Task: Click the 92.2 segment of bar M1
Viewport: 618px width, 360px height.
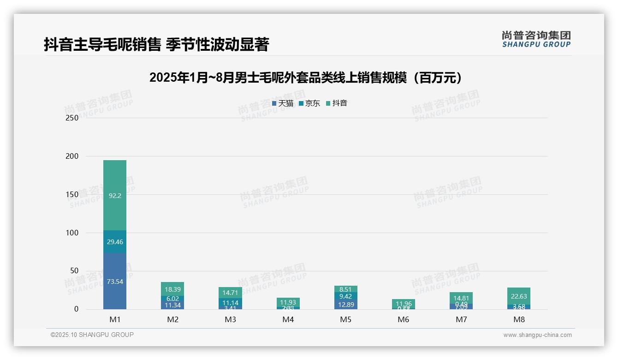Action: (x=115, y=195)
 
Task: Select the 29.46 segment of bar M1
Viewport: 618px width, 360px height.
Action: (x=115, y=241)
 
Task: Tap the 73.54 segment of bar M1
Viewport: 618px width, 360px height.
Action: (x=115, y=281)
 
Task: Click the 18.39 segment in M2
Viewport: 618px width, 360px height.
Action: (x=173, y=289)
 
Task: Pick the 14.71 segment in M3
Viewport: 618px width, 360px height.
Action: (x=230, y=293)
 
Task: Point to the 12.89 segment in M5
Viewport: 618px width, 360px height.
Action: (x=345, y=304)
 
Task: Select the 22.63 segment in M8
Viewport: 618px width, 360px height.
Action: (x=519, y=296)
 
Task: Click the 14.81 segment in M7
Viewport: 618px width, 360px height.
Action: (x=461, y=298)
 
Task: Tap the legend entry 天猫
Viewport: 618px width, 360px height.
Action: (x=283, y=103)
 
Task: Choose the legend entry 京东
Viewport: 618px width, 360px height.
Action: (x=309, y=103)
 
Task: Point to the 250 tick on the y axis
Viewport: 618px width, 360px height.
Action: (x=72, y=118)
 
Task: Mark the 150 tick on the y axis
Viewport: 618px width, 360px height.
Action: (x=72, y=194)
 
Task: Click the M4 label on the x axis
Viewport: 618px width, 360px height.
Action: (x=288, y=319)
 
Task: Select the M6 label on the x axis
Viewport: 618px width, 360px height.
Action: (x=404, y=319)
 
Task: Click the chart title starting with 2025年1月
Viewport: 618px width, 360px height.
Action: (x=306, y=78)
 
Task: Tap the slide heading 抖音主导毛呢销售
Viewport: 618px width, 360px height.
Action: (x=156, y=45)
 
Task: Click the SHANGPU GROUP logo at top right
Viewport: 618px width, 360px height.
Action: (x=536, y=39)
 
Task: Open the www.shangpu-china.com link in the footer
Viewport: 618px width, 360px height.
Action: (x=537, y=335)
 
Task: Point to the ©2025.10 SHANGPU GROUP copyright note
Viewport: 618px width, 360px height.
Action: (x=92, y=335)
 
